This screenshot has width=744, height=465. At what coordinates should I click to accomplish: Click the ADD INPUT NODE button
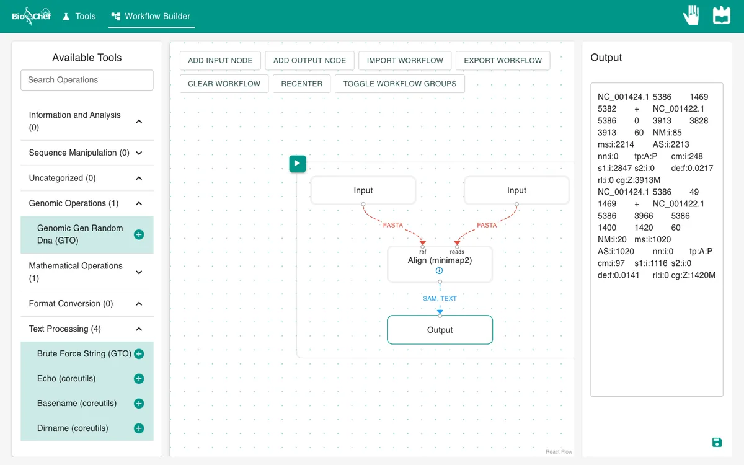pyautogui.click(x=220, y=61)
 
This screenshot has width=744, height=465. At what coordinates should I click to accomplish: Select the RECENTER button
pyautogui.click(x=301, y=84)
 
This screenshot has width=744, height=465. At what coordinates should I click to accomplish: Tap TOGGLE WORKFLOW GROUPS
pyautogui.click(x=399, y=84)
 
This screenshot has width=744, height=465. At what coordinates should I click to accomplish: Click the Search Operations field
pyautogui.click(x=87, y=80)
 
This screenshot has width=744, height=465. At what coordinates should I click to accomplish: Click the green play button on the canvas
pyautogui.click(x=298, y=164)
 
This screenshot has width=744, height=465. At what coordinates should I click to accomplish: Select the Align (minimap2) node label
pyautogui.click(x=440, y=260)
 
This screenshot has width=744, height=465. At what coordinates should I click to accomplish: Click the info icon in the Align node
pyautogui.click(x=439, y=271)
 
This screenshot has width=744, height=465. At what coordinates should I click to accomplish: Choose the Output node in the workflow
pyautogui.click(x=440, y=330)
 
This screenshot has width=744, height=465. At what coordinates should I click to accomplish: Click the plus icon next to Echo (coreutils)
pyautogui.click(x=139, y=379)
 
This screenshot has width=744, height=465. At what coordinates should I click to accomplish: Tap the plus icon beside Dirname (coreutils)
pyautogui.click(x=139, y=428)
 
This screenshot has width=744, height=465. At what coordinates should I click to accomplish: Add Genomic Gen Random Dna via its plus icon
pyautogui.click(x=139, y=234)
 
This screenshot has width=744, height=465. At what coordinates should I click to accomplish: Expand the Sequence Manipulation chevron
pyautogui.click(x=139, y=153)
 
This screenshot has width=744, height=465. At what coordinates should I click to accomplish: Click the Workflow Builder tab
pyautogui.click(x=151, y=16)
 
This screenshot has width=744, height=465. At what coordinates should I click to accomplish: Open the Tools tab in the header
pyautogui.click(x=79, y=16)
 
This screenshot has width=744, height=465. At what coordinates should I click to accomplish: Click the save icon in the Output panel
pyautogui.click(x=717, y=443)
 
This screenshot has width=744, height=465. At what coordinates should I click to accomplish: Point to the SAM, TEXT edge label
pyautogui.click(x=440, y=298)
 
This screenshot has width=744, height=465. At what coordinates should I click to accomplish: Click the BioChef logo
pyautogui.click(x=32, y=16)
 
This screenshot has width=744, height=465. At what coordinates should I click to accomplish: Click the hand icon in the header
pyautogui.click(x=691, y=15)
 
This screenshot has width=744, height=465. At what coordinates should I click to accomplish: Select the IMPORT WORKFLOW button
pyautogui.click(x=405, y=61)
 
